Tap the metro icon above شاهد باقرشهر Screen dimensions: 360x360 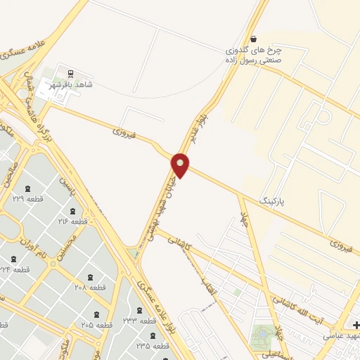[70, 72]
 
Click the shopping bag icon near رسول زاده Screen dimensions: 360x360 [253, 39]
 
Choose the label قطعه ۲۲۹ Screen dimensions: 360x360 [27, 199]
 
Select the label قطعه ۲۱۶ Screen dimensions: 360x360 [73, 221]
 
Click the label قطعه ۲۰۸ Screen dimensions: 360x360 [89, 287]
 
